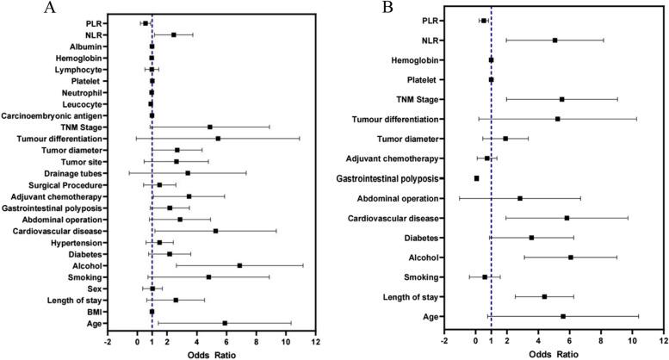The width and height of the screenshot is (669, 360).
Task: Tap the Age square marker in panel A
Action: click(x=225, y=324)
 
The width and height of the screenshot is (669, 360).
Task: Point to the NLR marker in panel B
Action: click(x=554, y=40)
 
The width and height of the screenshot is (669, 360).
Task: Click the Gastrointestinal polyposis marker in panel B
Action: click(x=476, y=178)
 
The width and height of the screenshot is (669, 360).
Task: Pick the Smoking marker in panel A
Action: click(x=208, y=277)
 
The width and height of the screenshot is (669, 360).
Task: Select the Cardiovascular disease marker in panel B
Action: click(x=567, y=218)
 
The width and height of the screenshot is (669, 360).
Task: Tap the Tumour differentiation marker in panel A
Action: click(x=218, y=138)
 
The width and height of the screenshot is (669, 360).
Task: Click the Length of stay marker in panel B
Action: click(x=544, y=296)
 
